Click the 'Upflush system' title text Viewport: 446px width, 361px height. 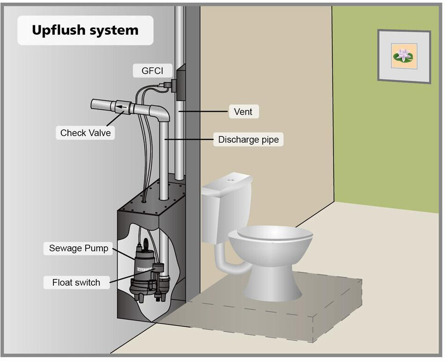click(85, 30)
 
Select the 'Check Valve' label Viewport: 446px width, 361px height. click(86, 133)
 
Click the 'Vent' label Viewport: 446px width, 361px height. click(243, 112)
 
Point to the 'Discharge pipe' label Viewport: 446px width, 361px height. click(249, 139)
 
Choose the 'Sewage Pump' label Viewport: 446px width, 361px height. click(79, 248)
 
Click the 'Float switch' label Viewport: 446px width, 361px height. click(76, 282)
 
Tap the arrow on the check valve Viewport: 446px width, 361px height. click(122, 107)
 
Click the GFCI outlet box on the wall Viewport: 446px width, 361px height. click(180, 83)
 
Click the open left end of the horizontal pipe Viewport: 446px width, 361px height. click(94, 104)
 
